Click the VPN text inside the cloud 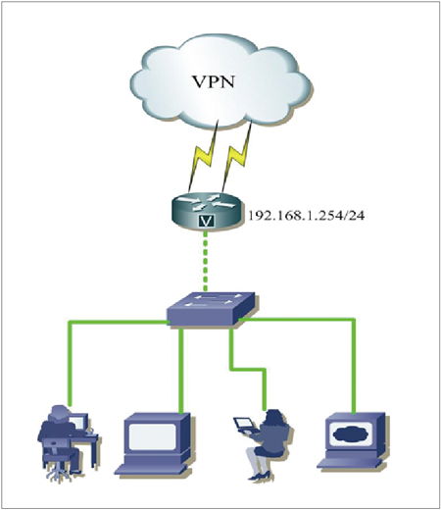coord(214,82)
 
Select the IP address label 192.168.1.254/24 coord(307,216)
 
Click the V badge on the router coord(206,222)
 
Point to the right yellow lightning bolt coord(237,157)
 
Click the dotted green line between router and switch coord(205,261)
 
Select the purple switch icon coord(211,308)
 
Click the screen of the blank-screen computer coord(152,436)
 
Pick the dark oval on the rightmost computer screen coord(351,433)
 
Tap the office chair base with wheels coord(58,473)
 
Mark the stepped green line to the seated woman coord(247,370)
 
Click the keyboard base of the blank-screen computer coord(151,469)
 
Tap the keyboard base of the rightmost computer coord(350,463)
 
